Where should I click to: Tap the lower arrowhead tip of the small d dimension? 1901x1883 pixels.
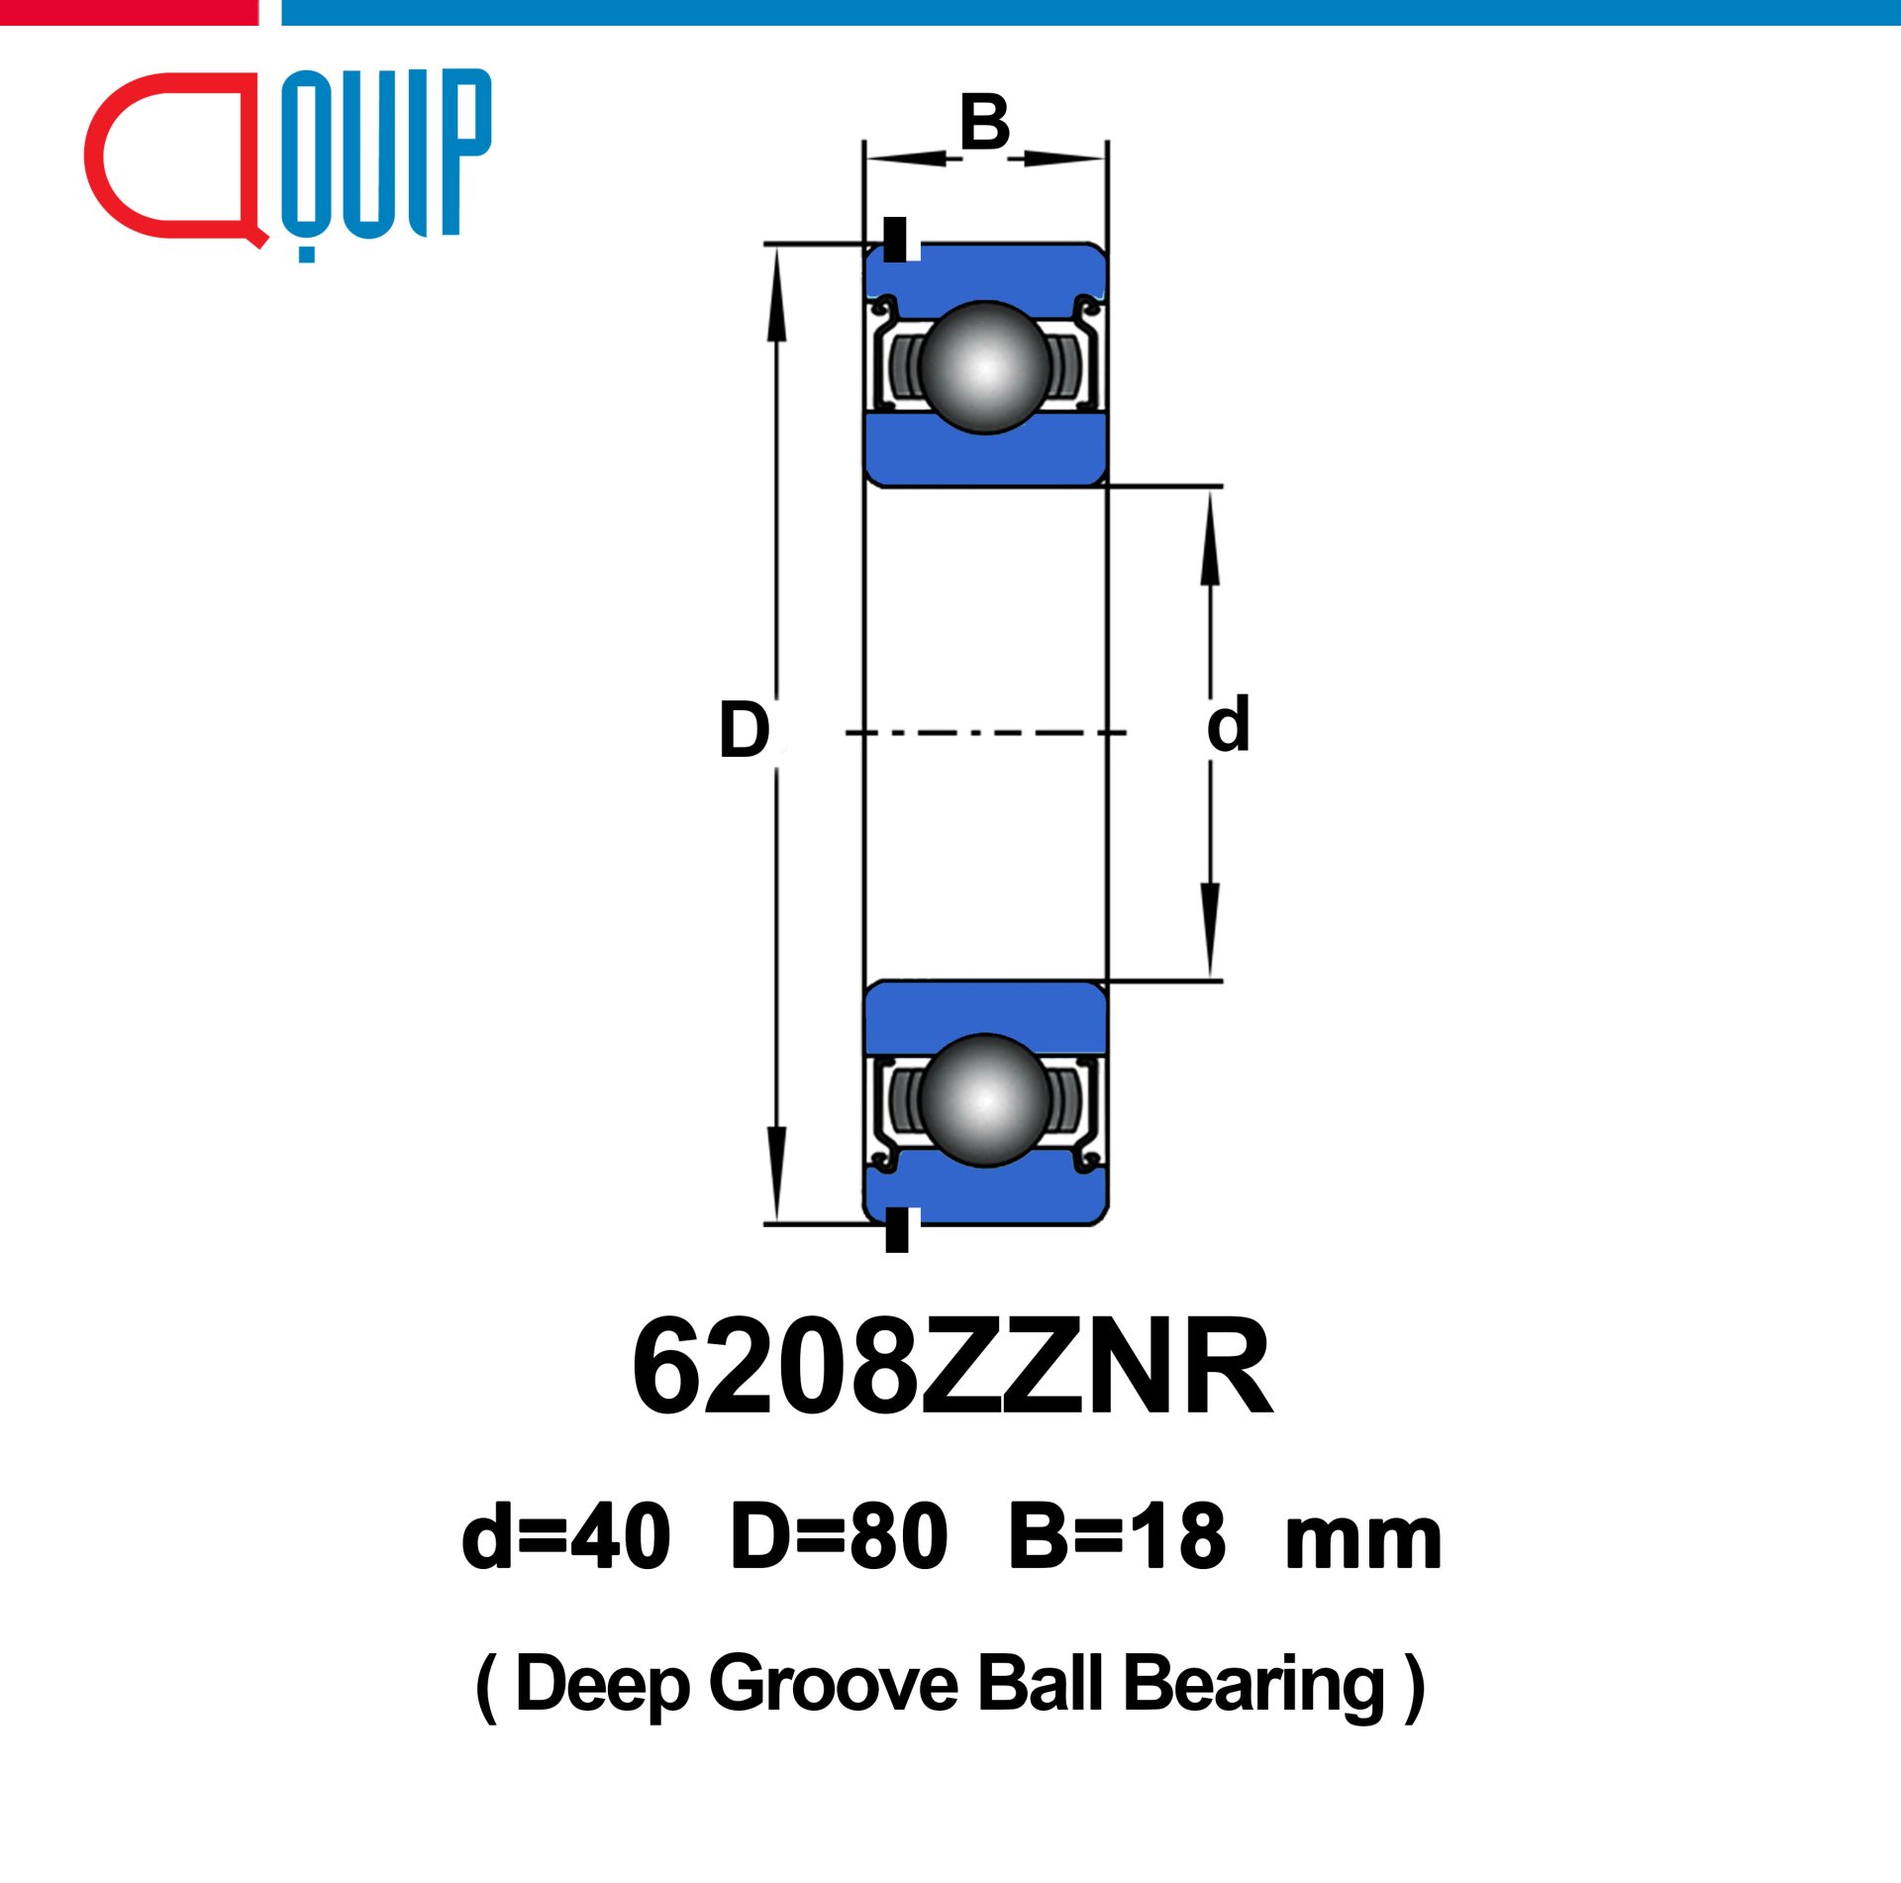[1210, 979]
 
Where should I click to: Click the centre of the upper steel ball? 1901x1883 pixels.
[984, 367]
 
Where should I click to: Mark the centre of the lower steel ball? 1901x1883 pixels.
[984, 1099]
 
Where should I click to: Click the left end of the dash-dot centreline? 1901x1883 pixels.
[846, 733]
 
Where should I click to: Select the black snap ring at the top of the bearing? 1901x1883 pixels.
[895, 239]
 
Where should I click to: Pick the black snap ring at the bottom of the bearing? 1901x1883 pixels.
[897, 1229]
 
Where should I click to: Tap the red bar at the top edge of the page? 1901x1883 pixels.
[129, 12]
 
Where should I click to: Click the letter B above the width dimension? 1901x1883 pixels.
[984, 123]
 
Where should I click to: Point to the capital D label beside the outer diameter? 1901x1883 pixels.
[744, 730]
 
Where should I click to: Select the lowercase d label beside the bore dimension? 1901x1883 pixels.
[1228, 724]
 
